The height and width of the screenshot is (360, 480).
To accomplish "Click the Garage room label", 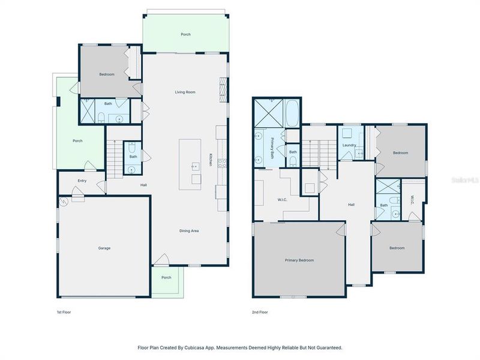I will pos(104,248).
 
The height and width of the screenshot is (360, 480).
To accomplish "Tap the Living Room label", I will pos(185,92).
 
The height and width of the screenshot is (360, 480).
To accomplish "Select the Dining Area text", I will pos(189,231).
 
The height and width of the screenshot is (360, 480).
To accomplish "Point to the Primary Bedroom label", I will pos(299,260).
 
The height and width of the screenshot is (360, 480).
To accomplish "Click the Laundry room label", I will pos(350,145).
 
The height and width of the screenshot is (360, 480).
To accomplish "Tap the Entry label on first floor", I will pos(82,181).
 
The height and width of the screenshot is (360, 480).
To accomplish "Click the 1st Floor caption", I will pos(64,313).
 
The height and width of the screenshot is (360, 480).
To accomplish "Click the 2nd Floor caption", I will pos(260,313).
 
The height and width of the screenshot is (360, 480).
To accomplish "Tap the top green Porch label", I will pos(186,34).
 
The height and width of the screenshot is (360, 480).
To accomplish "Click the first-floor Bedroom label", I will pos(107,74).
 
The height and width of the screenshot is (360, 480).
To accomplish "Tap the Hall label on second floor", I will pos(352,205).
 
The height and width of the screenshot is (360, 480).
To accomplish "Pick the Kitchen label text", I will pos(211,160).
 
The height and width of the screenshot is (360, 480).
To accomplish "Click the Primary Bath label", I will pos(272,147).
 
